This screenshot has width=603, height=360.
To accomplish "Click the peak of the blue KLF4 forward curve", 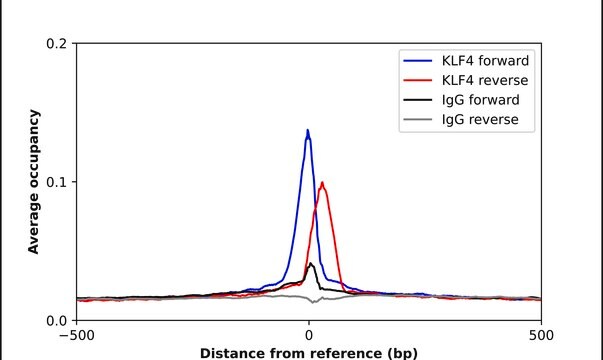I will pos(308,130).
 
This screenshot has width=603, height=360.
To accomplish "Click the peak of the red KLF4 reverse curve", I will pos(322,182).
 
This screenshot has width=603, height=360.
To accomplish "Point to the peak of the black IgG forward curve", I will pos(311,264).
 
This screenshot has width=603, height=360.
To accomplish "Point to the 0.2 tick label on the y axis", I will pos(56,44).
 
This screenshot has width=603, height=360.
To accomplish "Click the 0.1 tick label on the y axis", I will pos(56,182).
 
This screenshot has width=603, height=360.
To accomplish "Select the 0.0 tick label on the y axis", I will pos(56,320).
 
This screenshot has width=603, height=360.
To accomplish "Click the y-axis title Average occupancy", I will pos(34,182).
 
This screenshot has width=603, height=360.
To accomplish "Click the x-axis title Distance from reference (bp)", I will pos(308,353).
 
